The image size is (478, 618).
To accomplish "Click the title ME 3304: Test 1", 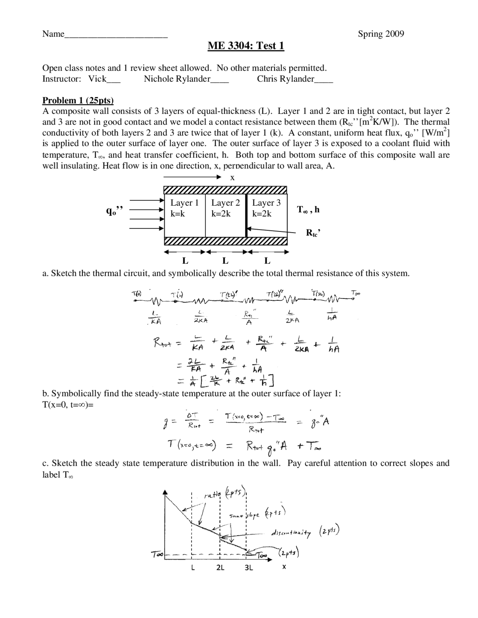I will [x=246, y=46].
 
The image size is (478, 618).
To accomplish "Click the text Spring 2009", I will [x=381, y=34].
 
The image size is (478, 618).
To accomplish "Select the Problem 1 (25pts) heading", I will [x=78, y=100].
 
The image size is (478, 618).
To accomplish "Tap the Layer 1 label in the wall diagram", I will [x=184, y=203].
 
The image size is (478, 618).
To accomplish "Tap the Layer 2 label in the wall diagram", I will [x=225, y=203].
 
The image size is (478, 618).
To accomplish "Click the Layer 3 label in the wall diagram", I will [x=266, y=203].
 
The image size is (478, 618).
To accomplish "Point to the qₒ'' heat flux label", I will [x=114, y=211].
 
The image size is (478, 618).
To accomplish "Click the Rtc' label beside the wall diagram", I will [x=313, y=233].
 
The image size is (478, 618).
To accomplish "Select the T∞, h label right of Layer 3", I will [x=308, y=210].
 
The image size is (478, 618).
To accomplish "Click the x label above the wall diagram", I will [x=232, y=178].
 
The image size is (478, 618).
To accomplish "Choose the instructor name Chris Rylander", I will [x=286, y=79].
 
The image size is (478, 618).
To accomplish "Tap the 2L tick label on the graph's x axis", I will [x=220, y=568].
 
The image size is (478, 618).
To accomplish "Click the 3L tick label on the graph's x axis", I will [x=249, y=568].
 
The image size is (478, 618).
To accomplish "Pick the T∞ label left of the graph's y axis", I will [x=156, y=555].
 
